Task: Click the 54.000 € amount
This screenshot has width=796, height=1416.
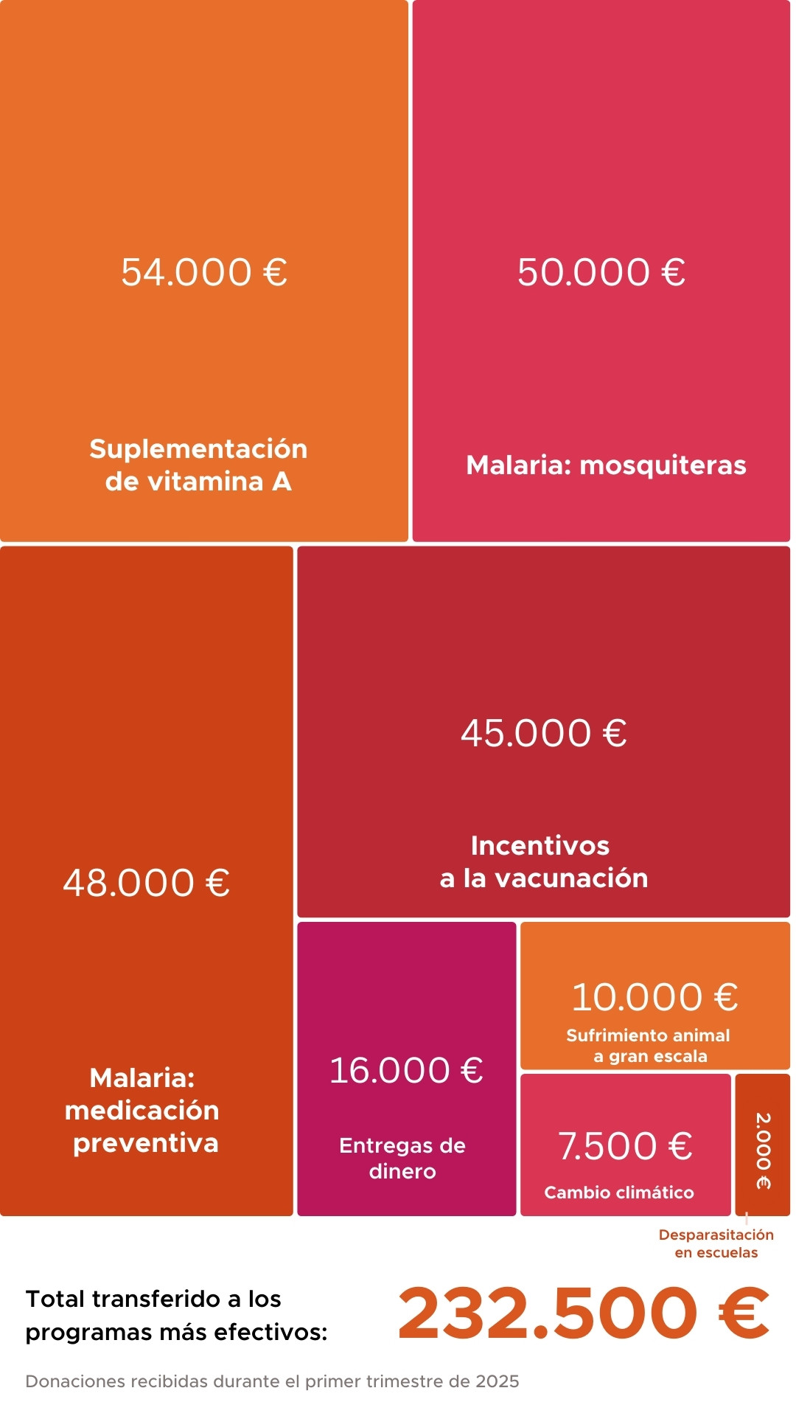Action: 204,272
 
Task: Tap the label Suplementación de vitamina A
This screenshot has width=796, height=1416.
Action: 198,465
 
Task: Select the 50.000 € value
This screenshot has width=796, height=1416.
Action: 601,272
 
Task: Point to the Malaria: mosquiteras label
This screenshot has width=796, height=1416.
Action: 606,465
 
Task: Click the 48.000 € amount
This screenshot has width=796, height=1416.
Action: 146,883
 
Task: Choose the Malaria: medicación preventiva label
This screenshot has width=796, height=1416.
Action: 144,1111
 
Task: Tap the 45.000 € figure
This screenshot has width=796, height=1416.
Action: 544,733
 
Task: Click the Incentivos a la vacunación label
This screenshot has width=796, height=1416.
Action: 543,861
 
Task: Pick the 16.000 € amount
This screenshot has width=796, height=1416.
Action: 406,1070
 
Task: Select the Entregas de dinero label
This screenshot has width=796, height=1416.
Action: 402,1158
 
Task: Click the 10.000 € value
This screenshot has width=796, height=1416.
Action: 654,997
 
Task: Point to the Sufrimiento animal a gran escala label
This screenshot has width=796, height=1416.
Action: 649,1046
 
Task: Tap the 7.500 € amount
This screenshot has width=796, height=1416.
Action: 625,1145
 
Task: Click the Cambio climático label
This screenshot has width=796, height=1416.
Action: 619,1193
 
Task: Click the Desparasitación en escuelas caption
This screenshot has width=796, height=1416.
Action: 716,1243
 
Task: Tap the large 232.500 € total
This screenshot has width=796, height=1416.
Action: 583,1313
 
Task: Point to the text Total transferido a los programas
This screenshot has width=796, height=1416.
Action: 176,1316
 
